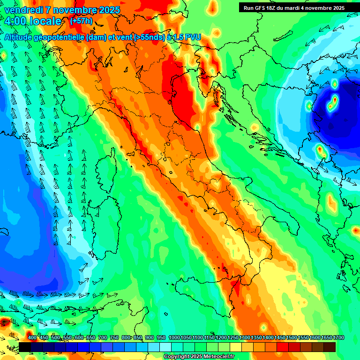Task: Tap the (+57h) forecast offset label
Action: coord(81,21)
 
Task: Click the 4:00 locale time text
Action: coord(33,22)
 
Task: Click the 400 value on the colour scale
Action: coord(32,337)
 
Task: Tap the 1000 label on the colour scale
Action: coord(174,337)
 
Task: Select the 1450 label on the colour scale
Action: coord(280,337)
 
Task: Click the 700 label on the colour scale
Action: coord(103,337)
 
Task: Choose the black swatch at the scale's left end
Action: coord(25,347)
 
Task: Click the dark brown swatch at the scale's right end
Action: coord(330,347)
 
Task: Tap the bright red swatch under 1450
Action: coord(283,347)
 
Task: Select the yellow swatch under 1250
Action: coord(236,347)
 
